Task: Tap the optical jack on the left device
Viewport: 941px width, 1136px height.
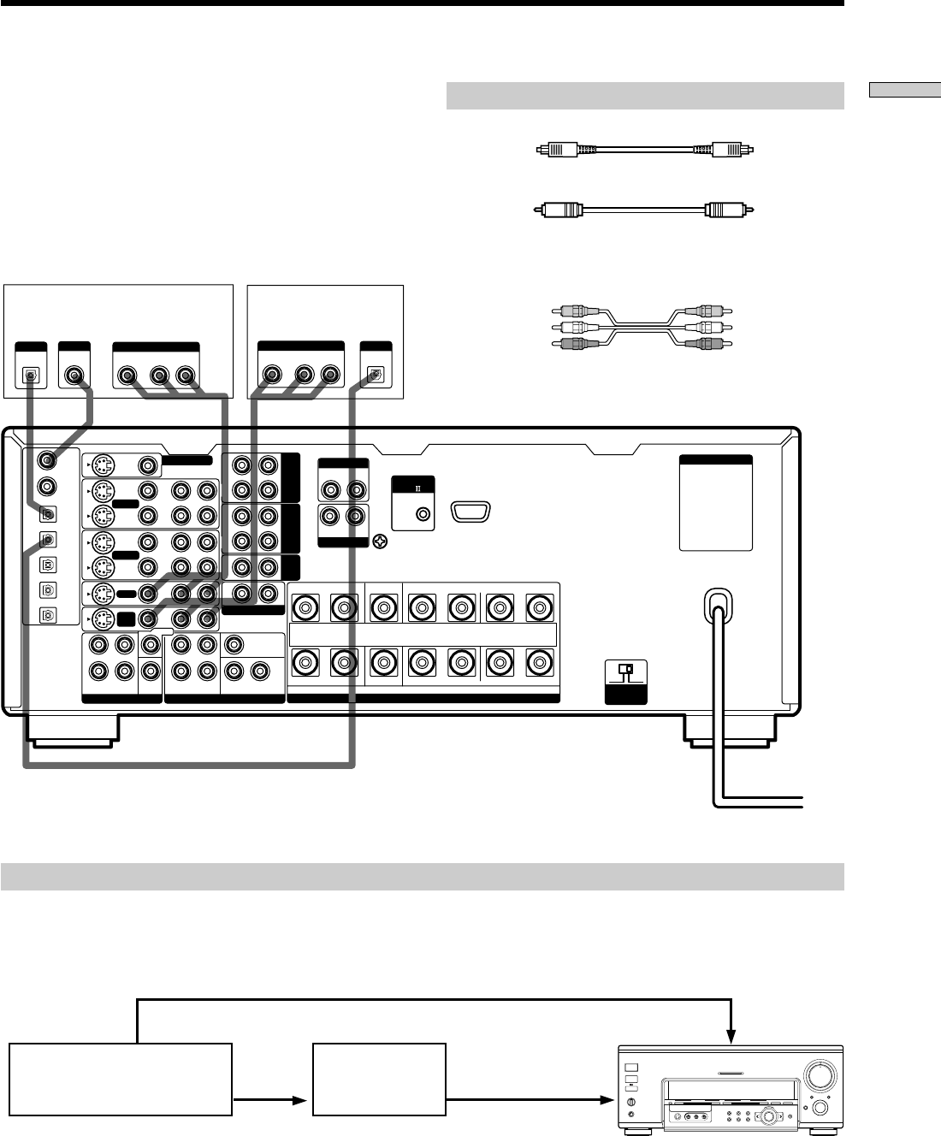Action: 31,375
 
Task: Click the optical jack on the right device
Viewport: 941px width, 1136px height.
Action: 374,375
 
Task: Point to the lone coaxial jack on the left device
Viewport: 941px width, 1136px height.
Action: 75,375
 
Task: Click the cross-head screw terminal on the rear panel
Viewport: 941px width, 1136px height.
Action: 379,541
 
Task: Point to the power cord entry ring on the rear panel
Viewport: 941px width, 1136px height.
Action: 717,601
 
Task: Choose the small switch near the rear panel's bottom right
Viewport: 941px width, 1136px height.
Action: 626,670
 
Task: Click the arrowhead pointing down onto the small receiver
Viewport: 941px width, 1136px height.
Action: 731,1036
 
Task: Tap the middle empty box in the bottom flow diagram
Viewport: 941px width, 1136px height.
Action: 379,1079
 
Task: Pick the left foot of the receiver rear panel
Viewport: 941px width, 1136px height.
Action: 72,728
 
